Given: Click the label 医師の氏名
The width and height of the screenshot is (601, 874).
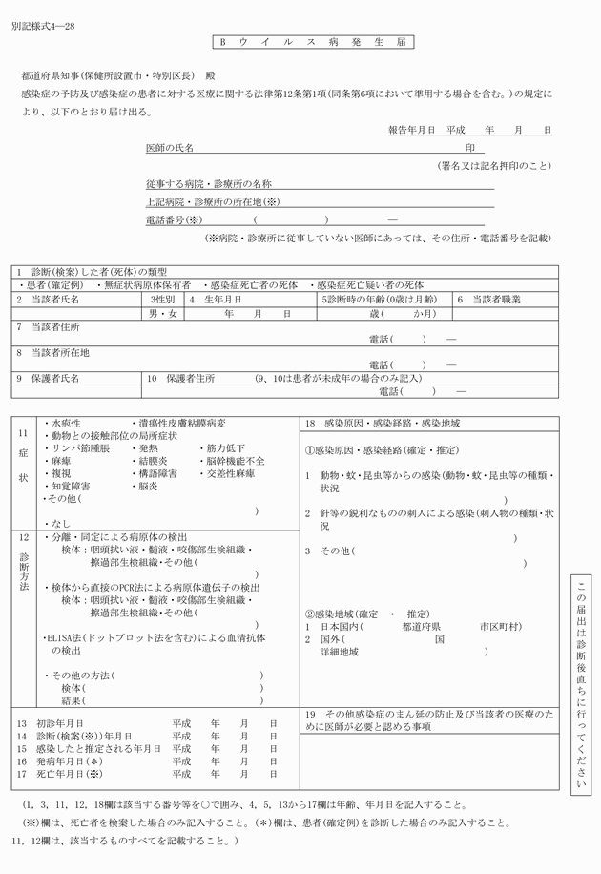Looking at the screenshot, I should [169, 149].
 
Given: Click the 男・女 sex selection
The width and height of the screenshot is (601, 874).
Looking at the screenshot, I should [163, 313].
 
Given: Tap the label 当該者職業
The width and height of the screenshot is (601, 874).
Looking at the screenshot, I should [495, 300].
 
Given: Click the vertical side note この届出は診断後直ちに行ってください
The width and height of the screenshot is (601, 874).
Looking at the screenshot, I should [583, 683].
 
